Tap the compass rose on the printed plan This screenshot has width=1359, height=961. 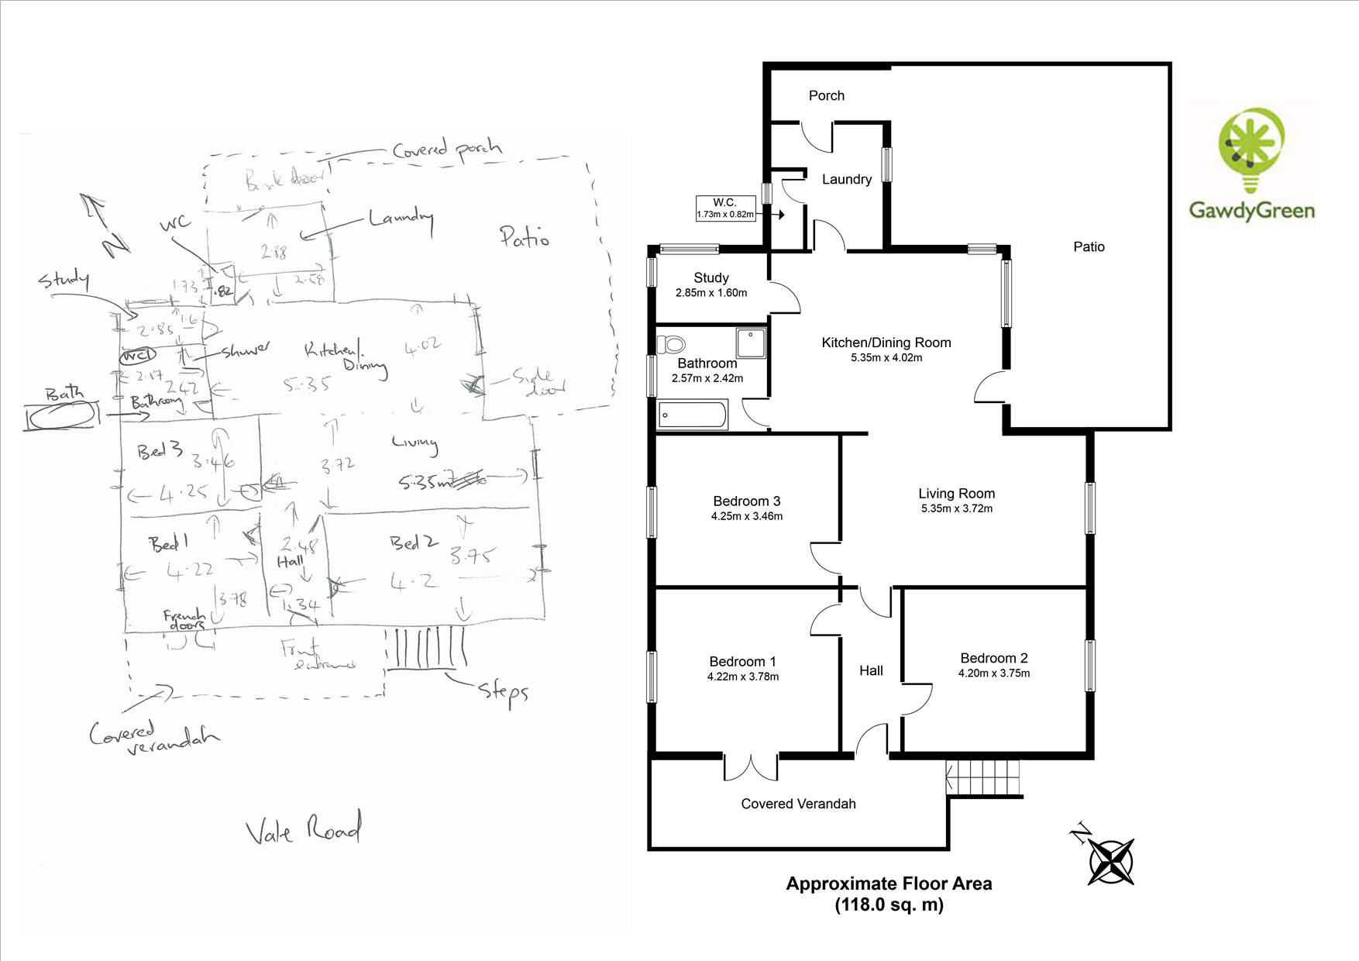pyautogui.click(x=1111, y=861)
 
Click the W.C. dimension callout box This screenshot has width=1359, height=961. pyautogui.click(x=724, y=208)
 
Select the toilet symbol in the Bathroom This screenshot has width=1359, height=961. pyautogui.click(x=672, y=343)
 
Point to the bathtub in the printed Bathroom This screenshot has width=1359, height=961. pyautogui.click(x=692, y=415)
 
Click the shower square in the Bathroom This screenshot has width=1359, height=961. pyautogui.click(x=751, y=343)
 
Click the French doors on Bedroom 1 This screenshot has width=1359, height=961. pyautogui.click(x=751, y=767)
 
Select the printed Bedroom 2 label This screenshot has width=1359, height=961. pyautogui.click(x=994, y=658)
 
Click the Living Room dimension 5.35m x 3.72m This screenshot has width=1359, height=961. pyautogui.click(x=957, y=508)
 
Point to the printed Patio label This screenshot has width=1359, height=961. pyautogui.click(x=1089, y=246)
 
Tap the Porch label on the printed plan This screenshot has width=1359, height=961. pyautogui.click(x=826, y=95)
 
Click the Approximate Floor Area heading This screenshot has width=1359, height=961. pyautogui.click(x=889, y=883)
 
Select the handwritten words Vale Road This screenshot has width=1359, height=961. pyautogui.click(x=303, y=830)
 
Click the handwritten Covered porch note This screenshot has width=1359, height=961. pyautogui.click(x=447, y=149)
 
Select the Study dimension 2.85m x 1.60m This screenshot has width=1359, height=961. pyautogui.click(x=711, y=293)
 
